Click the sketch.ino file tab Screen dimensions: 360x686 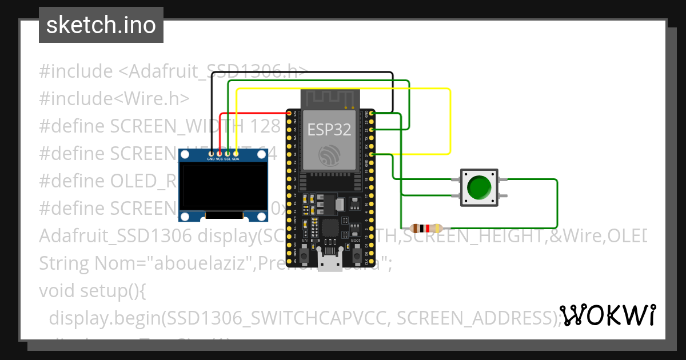point(101,25)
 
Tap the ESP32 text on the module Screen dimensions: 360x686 point(329,130)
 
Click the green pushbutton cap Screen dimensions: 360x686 point(478,187)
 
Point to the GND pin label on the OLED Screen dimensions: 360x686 point(211,159)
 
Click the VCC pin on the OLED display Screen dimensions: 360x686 point(220,153)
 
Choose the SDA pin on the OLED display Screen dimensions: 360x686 point(236,153)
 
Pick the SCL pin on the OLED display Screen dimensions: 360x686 point(228,153)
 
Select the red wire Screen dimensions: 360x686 point(252,114)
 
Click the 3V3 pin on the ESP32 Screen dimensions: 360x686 point(289,114)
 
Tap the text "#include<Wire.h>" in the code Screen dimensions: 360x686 point(114,98)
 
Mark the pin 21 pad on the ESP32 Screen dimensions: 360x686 point(372,154)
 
